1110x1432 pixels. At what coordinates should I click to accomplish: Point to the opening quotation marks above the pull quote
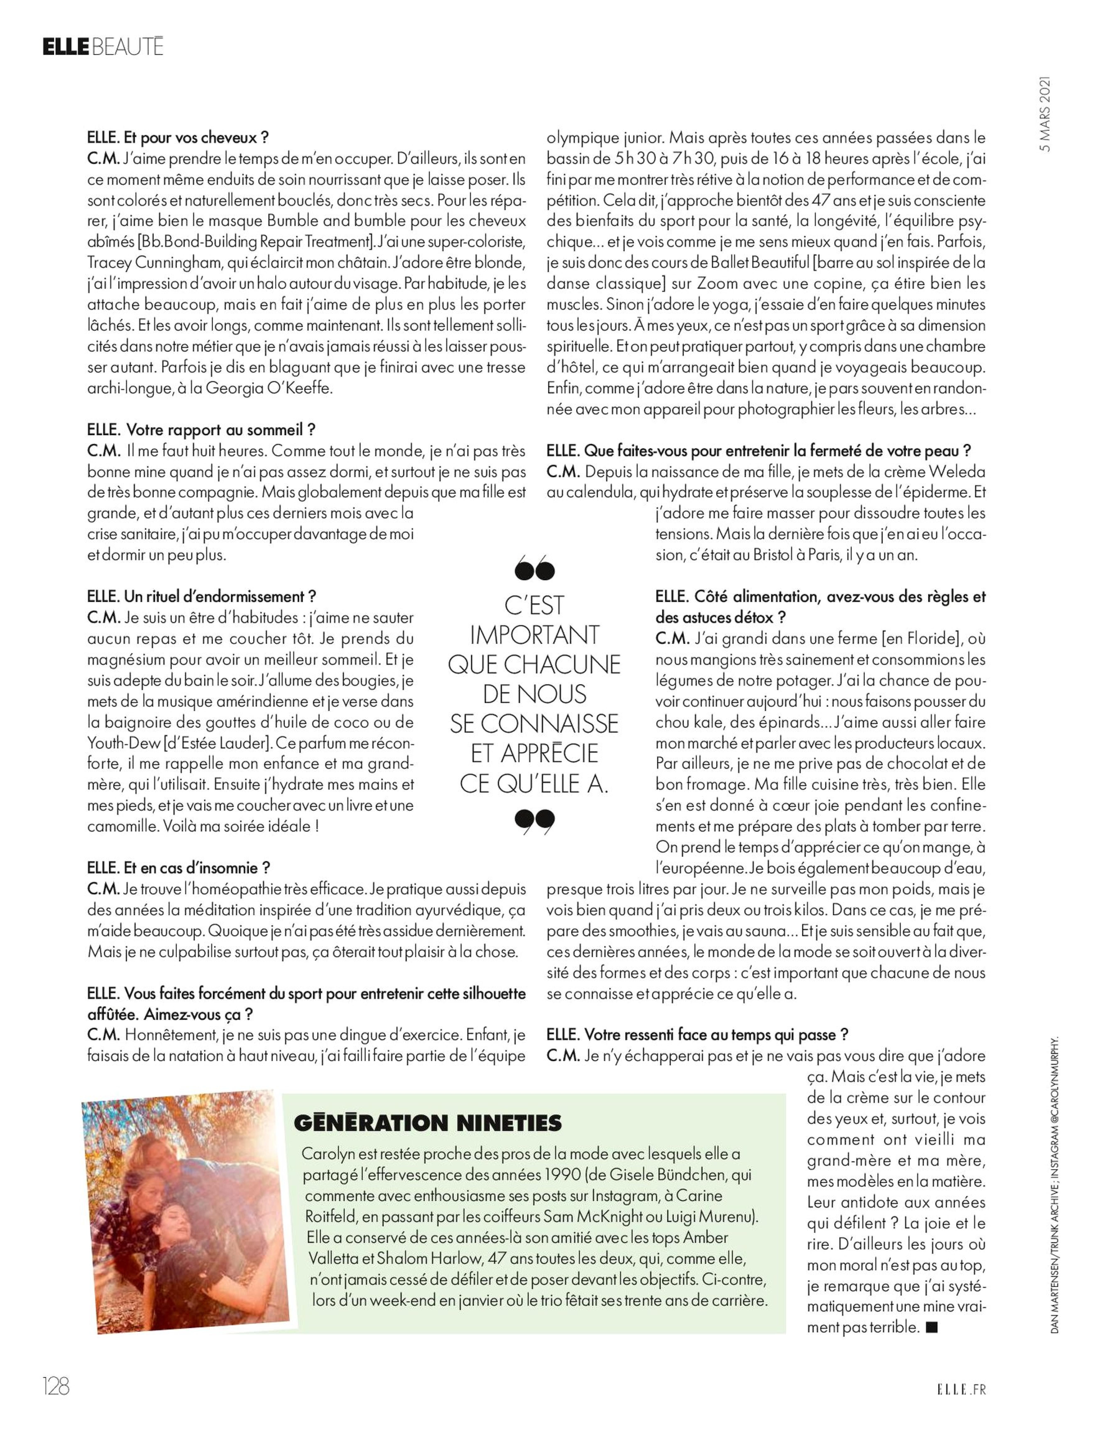(534, 569)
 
